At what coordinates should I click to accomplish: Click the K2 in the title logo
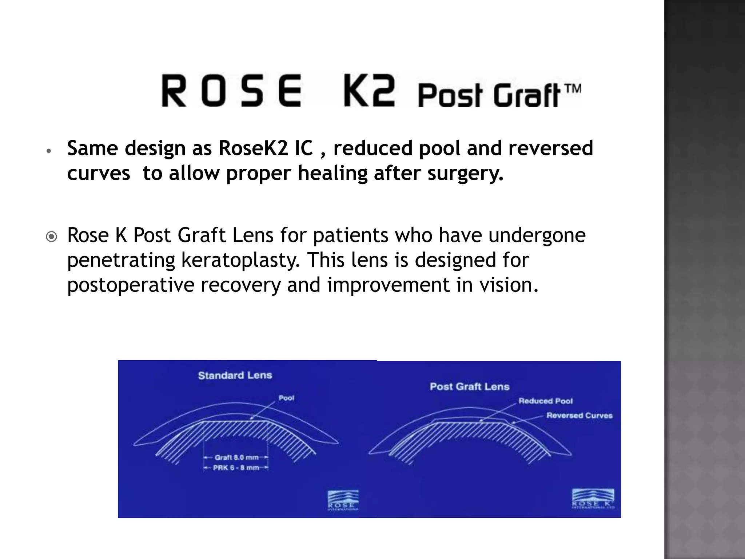point(369,91)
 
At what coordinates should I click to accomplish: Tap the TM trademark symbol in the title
point(572,88)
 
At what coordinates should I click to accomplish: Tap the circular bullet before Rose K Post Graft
point(52,237)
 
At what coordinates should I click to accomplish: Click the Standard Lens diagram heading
point(235,375)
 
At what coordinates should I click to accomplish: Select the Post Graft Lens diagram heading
point(469,386)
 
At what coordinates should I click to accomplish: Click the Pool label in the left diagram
point(286,398)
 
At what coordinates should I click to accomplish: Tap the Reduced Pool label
point(545,401)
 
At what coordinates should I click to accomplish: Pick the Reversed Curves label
point(579,416)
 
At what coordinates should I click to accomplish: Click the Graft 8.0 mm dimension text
point(236,457)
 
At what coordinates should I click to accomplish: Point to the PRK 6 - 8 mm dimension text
point(236,468)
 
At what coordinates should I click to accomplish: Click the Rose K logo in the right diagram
point(593,499)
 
